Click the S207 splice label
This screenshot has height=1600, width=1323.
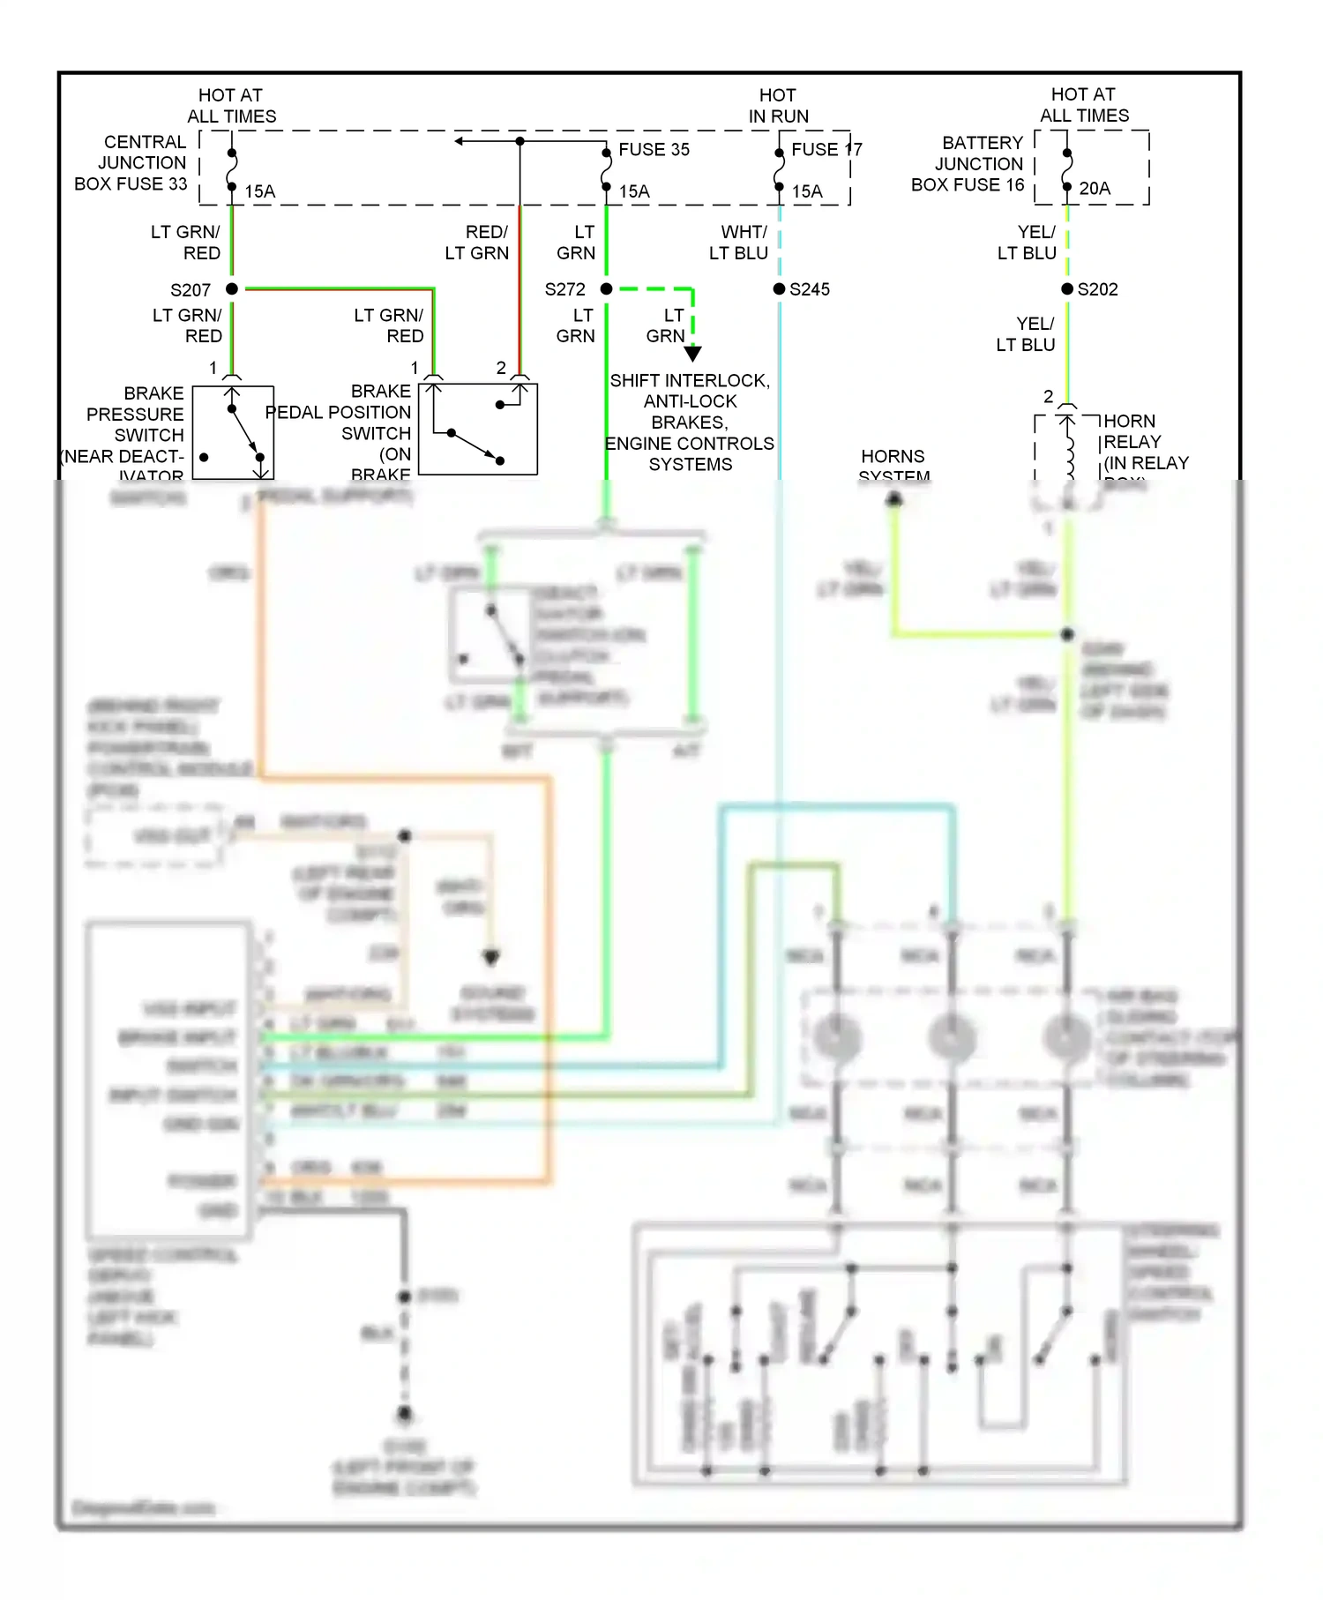(191, 290)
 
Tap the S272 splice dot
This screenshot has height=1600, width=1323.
(606, 289)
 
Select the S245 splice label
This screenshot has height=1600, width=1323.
(809, 289)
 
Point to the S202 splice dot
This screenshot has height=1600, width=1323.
(1067, 289)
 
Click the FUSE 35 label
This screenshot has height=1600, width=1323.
(654, 150)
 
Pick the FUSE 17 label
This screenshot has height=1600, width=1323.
(826, 150)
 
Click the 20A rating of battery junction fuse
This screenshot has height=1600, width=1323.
(1095, 189)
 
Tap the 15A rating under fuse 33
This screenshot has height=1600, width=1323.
(259, 191)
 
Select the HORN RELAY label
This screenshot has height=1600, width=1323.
(1132, 431)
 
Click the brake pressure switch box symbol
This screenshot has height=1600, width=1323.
(233, 432)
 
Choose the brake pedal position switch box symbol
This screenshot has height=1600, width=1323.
(477, 429)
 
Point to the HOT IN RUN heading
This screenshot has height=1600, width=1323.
(778, 106)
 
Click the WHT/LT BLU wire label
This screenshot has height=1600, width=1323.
(739, 243)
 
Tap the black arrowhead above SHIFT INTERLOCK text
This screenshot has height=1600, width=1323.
(693, 353)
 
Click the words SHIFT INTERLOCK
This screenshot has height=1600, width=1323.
(690, 381)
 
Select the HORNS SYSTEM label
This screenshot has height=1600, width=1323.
(893, 466)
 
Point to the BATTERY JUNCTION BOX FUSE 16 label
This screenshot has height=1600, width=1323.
(968, 164)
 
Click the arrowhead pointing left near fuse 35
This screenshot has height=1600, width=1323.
(460, 141)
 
